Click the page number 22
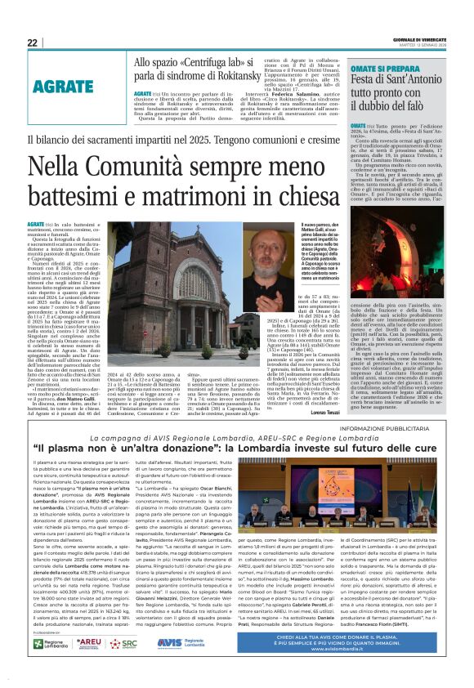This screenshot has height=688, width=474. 32,42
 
